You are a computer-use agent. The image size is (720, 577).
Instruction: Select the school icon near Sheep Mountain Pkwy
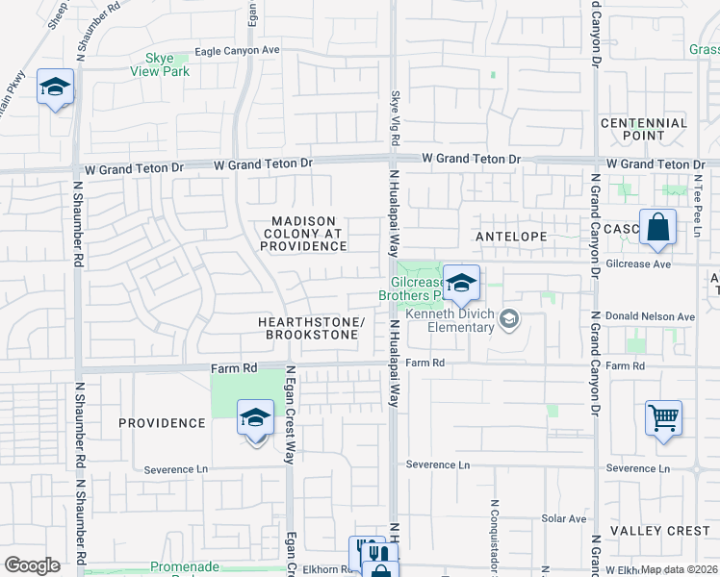(x=55, y=88)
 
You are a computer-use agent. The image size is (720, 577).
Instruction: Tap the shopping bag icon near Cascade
(x=658, y=229)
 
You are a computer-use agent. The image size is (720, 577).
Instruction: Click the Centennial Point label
(x=644, y=129)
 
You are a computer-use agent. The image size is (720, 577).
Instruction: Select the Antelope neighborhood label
(x=511, y=236)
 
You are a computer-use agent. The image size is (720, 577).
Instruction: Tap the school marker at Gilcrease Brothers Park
(x=461, y=284)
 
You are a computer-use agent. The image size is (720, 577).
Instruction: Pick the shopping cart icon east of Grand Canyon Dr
(x=663, y=419)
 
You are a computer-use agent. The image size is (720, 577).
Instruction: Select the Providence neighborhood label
(x=163, y=423)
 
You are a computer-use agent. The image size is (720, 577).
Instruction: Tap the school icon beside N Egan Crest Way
(x=255, y=419)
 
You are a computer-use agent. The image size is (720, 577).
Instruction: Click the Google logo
(x=33, y=564)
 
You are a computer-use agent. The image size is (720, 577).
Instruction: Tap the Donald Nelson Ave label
(x=650, y=316)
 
